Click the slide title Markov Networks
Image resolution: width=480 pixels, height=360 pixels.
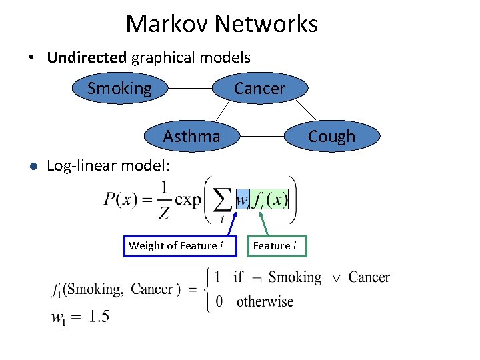221,24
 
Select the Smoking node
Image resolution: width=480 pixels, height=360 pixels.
120,88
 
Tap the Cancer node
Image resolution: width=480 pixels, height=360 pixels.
259,88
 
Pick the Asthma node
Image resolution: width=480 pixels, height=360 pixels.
192,136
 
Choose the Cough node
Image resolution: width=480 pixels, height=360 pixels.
331,136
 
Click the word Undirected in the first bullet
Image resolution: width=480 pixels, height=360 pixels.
87,57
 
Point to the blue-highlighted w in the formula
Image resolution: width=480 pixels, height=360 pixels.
243,199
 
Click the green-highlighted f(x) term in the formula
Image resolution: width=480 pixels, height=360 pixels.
270,199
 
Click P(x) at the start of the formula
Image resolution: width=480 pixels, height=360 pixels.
120,199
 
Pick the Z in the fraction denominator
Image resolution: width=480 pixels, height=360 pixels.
164,213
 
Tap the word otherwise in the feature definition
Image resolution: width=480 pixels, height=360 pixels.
265,301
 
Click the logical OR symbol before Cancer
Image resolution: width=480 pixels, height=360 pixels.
336,277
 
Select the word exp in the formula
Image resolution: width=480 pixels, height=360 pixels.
188,199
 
